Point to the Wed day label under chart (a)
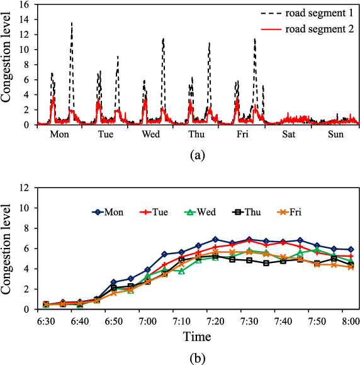pyautogui.click(x=152, y=134)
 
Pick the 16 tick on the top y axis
pyautogui.click(x=25, y=4)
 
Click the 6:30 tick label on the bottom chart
pyautogui.click(x=45, y=320)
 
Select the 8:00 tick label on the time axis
pyautogui.click(x=351, y=320)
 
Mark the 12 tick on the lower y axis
pyautogui.click(x=25, y=188)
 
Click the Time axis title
pyautogui.click(x=197, y=337)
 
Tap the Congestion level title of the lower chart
pyautogui.click(x=9, y=249)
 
